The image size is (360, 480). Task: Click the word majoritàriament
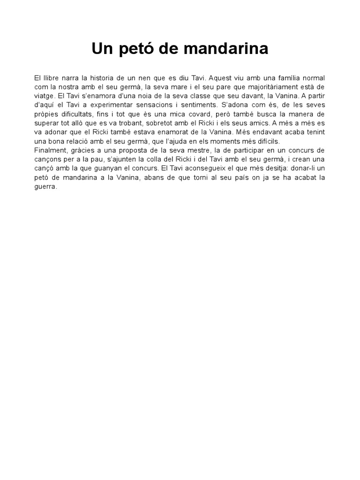(268, 87)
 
